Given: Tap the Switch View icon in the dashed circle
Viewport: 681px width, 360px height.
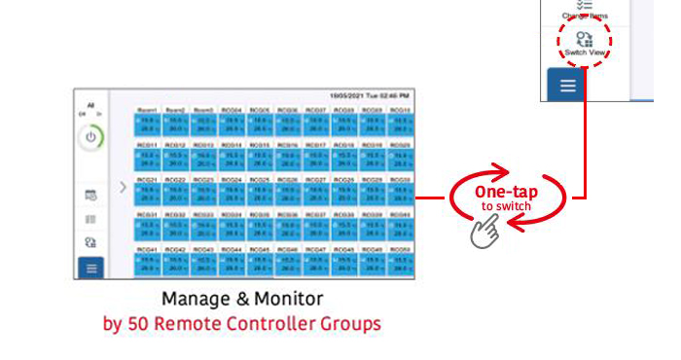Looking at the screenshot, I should click(585, 39).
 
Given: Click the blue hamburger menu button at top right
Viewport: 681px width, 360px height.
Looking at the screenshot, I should click(567, 86).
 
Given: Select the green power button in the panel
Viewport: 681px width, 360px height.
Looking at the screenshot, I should click(90, 137).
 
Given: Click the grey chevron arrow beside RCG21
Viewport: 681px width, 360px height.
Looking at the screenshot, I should click(123, 187).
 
